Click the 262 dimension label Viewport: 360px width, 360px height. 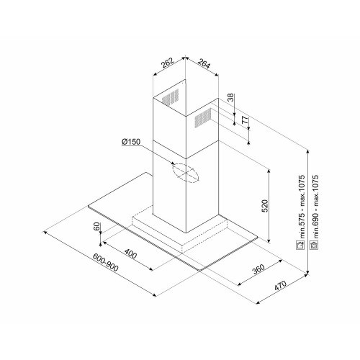click(x=167, y=63)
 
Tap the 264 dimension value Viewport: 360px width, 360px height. click(x=204, y=63)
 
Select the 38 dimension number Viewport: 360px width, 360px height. click(x=230, y=97)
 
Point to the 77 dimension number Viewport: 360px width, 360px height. click(x=245, y=120)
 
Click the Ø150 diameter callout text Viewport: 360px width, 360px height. click(x=131, y=142)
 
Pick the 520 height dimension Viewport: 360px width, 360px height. click(x=264, y=206)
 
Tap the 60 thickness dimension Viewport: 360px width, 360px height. click(x=96, y=226)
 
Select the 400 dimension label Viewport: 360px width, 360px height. click(x=130, y=253)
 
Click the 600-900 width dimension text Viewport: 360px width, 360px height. click(x=106, y=262)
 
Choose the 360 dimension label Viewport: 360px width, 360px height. click(x=258, y=269)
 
